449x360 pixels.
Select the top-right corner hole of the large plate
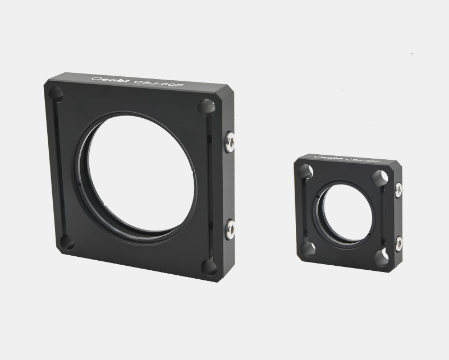click(206, 105)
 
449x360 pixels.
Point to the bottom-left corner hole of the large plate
click(67, 242)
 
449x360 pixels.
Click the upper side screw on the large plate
click(230, 140)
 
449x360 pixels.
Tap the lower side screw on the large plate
click(230, 227)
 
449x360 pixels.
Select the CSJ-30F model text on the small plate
click(357, 161)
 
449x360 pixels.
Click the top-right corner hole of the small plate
click(381, 177)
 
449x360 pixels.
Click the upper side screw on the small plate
click(398, 188)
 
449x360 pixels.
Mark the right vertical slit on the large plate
click(208, 185)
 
